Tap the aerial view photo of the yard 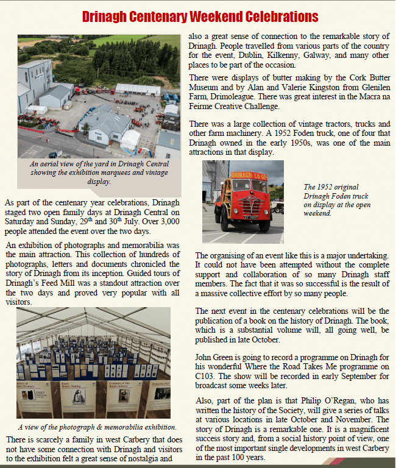point(99,96)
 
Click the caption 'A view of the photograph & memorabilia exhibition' point(97,427)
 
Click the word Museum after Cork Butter point(207,88)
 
